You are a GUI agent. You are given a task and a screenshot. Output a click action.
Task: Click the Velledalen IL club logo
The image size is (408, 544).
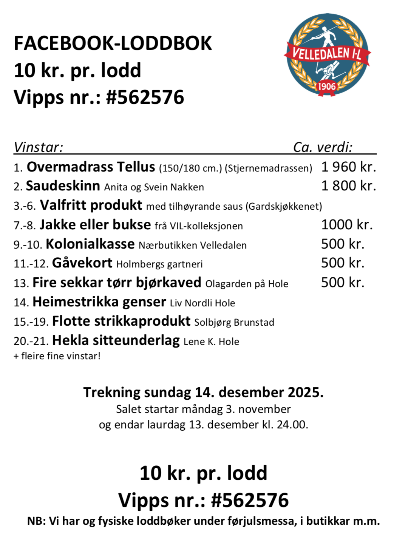327,55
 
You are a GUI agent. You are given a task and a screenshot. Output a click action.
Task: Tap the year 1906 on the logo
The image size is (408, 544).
327,87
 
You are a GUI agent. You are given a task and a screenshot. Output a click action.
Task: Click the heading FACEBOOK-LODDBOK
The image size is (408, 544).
113,43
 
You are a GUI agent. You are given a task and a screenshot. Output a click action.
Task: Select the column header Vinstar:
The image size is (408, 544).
38,147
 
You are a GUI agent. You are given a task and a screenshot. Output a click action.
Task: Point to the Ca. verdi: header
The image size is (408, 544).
323,147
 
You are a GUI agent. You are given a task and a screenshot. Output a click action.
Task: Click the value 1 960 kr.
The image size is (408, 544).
348,167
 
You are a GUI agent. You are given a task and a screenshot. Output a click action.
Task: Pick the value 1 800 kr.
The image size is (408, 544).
348,186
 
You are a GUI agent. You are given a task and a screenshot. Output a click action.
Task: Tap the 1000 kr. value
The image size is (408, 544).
347,225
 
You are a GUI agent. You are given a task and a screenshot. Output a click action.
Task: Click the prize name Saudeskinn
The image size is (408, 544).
63,186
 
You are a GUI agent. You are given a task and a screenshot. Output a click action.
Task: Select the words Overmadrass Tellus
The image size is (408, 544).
91,167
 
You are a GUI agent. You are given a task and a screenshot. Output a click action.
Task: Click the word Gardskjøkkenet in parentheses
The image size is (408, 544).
283,206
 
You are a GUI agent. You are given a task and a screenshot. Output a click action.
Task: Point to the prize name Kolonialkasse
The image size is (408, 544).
90,244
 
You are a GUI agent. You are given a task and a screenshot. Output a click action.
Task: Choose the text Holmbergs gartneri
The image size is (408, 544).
159,264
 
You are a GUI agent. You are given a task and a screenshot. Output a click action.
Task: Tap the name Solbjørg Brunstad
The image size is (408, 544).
234,322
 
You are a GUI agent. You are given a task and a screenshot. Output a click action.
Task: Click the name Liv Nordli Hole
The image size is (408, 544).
202,303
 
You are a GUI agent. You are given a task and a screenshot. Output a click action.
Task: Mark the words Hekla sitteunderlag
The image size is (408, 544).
116,340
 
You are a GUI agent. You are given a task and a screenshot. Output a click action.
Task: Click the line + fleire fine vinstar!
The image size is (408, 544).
57,356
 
